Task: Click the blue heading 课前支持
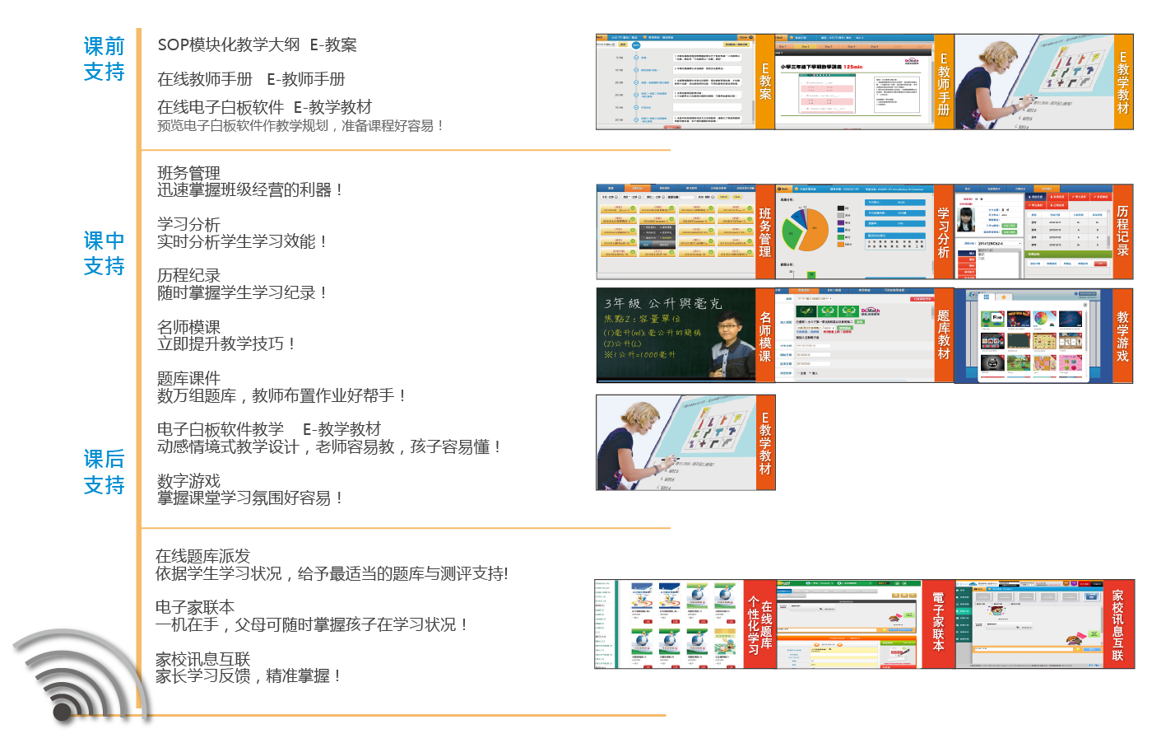pyautogui.click(x=104, y=59)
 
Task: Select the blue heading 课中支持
pyautogui.click(x=104, y=254)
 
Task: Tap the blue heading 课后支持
pyautogui.click(x=104, y=472)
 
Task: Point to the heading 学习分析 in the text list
pyautogui.click(x=188, y=224)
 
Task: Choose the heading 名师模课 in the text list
pyautogui.click(x=188, y=327)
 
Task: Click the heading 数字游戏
pyautogui.click(x=188, y=481)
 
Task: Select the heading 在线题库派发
pyautogui.click(x=202, y=556)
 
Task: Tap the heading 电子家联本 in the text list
pyautogui.click(x=195, y=607)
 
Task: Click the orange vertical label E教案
pyautogui.click(x=765, y=82)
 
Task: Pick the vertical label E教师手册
pyautogui.click(x=944, y=82)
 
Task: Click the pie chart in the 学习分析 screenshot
pyautogui.click(x=803, y=230)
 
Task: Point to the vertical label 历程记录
pyautogui.click(x=1122, y=231)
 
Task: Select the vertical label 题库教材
pyautogui.click(x=944, y=334)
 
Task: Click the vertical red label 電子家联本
pyautogui.click(x=938, y=623)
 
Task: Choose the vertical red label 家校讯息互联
pyautogui.click(x=1117, y=624)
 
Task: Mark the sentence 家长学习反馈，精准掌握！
pyautogui.click(x=248, y=676)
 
